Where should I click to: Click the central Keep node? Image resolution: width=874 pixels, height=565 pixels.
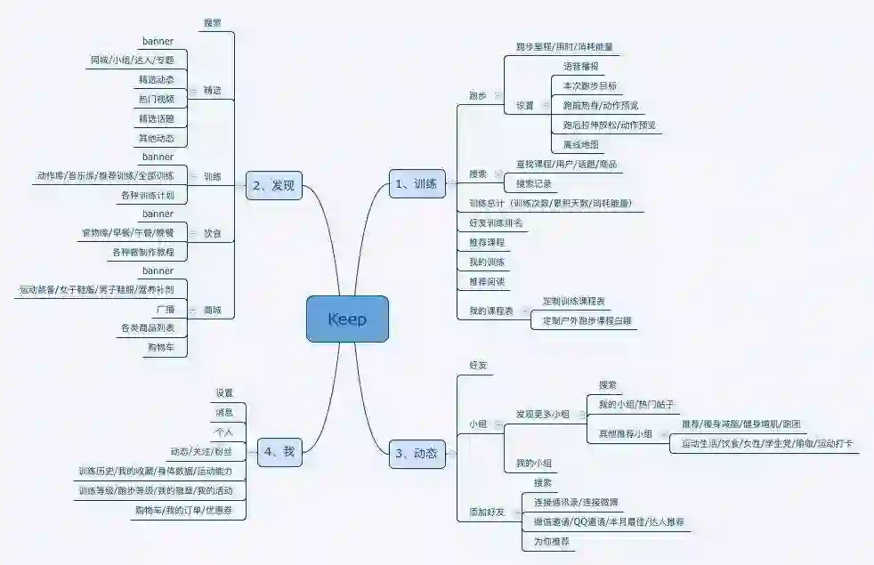point(347,319)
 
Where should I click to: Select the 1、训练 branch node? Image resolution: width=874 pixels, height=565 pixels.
point(417,184)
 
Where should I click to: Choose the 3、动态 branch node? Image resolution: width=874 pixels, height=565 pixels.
point(417,454)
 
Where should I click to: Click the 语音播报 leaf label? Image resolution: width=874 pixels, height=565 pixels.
point(580,66)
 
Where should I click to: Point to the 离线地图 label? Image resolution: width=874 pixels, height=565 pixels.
point(580,144)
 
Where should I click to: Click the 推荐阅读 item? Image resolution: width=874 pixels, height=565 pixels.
point(487,281)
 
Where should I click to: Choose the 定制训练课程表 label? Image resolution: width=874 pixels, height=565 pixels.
point(574,301)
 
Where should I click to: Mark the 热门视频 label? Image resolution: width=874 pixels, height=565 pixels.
point(156,98)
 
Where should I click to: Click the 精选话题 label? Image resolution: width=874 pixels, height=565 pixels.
point(156,118)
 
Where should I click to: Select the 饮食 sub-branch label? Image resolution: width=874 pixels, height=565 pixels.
point(212,233)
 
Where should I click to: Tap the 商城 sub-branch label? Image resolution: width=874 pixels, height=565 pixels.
point(212,311)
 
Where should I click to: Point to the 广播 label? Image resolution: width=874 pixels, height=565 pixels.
point(165,310)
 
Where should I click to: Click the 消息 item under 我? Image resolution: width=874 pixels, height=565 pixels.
point(224,412)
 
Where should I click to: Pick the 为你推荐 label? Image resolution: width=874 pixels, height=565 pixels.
point(551,541)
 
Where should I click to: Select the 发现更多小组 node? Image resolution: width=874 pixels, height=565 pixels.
point(542,415)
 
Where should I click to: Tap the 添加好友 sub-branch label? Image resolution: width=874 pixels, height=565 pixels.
point(487,512)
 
